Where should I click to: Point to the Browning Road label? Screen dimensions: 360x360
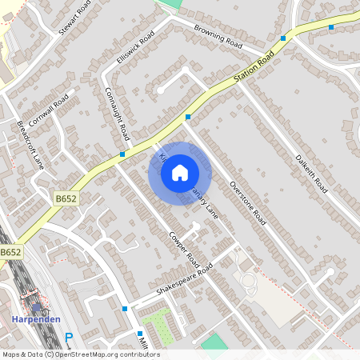pyautogui.click(x=218, y=36)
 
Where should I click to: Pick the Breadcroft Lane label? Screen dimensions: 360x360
pyautogui.click(x=30, y=145)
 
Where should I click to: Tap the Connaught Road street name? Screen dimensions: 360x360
pyautogui.click(x=116, y=111)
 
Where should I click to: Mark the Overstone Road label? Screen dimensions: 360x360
pyautogui.click(x=246, y=199)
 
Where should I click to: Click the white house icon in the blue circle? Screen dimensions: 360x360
pyautogui.click(x=180, y=172)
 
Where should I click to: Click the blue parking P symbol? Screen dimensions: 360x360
pyautogui.click(x=69, y=338)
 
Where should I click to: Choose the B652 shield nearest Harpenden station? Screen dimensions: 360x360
pyautogui.click(x=10, y=252)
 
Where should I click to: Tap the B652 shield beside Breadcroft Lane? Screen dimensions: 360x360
pyautogui.click(x=66, y=198)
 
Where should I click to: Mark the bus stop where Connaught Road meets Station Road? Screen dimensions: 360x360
pyautogui.click(x=122, y=154)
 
